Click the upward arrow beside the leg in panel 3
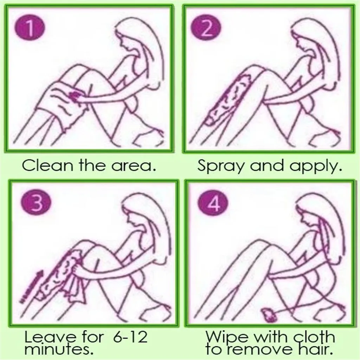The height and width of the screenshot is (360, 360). coord(32,286)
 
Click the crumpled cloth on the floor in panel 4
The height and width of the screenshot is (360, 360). coord(269,315)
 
